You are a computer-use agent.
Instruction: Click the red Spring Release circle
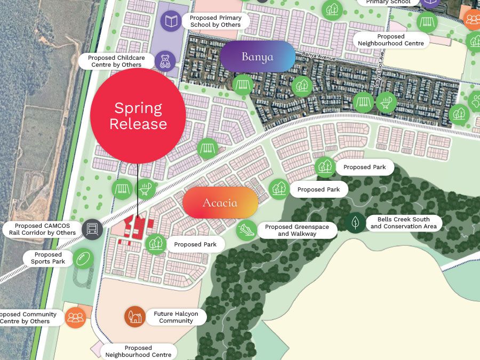point(138,116)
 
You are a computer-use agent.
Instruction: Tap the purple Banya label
point(257,57)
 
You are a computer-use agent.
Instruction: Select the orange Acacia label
point(220,203)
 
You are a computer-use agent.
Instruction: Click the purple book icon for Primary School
point(171,21)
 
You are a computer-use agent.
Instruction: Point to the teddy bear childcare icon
point(165,61)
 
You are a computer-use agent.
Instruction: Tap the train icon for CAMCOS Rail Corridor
point(92,229)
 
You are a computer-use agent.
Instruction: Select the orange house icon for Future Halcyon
point(135,317)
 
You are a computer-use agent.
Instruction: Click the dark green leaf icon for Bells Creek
point(355,222)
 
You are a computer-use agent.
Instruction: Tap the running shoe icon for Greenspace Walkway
point(246,230)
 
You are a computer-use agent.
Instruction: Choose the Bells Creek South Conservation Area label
point(403,223)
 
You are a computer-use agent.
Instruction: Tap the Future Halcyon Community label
point(175,317)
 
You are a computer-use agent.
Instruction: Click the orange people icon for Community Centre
point(76,317)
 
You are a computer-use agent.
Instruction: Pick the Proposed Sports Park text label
point(48,259)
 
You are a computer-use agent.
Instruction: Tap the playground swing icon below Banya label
point(242,85)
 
